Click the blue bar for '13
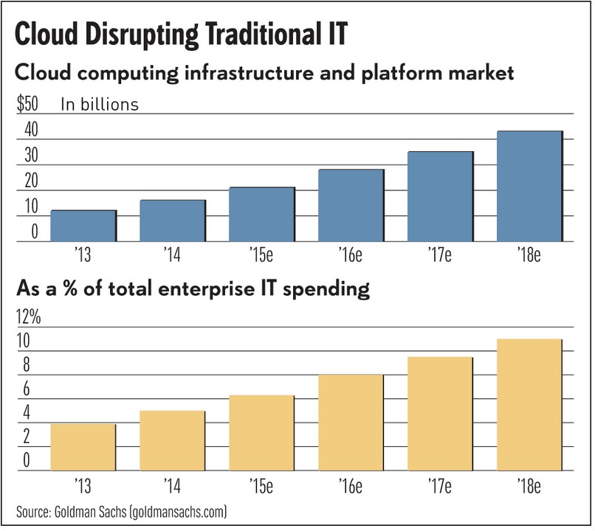[x=83, y=225]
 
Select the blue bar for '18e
[x=529, y=186]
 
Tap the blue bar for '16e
[x=351, y=204]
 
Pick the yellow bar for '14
[x=172, y=441]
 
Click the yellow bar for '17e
[x=440, y=414]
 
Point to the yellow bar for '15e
[x=261, y=434]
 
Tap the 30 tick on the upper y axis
[x=28, y=156]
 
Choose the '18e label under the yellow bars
[x=529, y=487]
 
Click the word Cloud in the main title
[x=48, y=34]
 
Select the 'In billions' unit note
[x=100, y=104]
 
